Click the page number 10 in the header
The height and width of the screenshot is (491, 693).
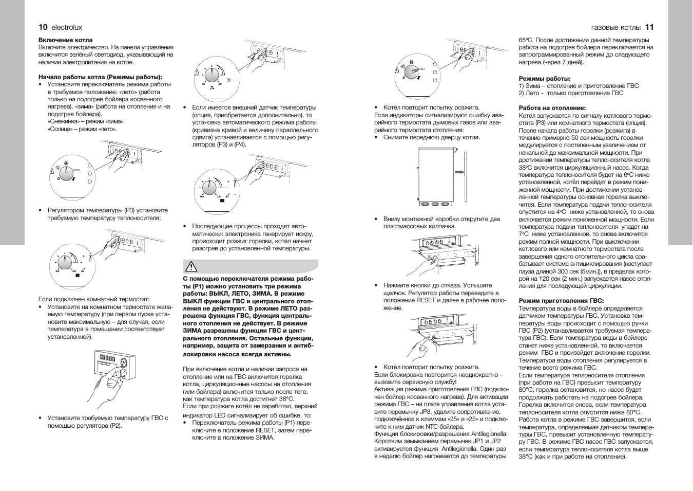(x=43, y=27)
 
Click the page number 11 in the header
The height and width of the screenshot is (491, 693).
(x=649, y=27)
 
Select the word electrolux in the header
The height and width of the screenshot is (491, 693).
(x=67, y=28)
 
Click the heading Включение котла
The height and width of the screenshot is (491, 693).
(x=66, y=40)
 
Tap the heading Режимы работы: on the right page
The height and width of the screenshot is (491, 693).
(x=544, y=79)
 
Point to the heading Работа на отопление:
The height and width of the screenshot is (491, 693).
(x=552, y=108)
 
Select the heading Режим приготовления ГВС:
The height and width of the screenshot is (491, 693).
(x=561, y=301)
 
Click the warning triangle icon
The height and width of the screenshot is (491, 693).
(x=191, y=267)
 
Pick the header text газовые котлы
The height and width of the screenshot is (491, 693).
(x=615, y=28)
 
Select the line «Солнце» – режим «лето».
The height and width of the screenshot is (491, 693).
(x=82, y=129)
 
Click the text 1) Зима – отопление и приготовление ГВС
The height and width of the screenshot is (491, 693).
(x=579, y=86)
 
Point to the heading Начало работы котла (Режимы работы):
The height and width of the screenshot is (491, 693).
(x=100, y=77)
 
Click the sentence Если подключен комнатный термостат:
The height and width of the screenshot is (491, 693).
(x=94, y=299)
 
